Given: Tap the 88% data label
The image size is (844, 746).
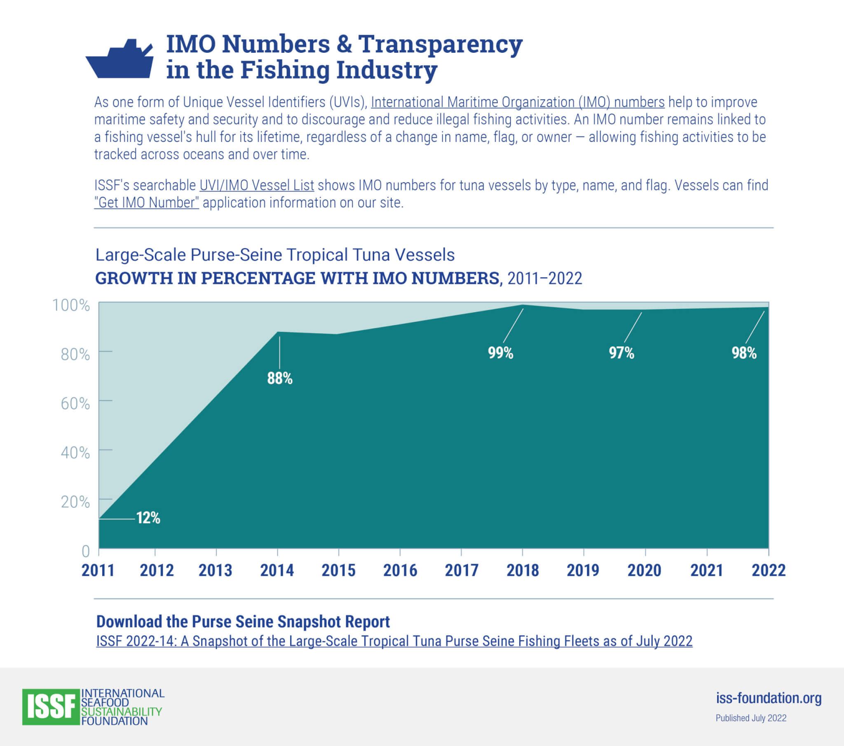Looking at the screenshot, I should coord(279,378).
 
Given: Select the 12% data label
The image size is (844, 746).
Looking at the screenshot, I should coord(148,518).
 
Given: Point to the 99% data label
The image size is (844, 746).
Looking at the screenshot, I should coord(500,353).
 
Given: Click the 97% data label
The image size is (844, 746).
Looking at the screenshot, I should coord(621,353).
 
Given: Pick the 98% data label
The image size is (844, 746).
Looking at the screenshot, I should coord(744,353).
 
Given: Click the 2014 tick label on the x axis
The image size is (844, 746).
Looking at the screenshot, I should coord(277,570).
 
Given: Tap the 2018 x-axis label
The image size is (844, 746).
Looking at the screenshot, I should coord(522,570).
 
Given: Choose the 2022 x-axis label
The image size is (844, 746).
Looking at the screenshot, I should coord(768,570).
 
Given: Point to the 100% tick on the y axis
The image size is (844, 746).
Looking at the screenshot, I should coord(71,305).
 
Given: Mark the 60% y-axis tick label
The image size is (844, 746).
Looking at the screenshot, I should coord(75,403).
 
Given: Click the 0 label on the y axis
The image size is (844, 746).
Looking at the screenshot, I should coord(85,551).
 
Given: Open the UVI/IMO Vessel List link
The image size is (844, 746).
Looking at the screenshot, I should coord(256,185).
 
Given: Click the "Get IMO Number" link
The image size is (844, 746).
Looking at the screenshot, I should coord(147,202).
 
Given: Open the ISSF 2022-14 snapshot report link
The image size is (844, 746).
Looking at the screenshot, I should coord(394,641).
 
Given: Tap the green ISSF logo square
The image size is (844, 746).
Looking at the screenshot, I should coord(51,707).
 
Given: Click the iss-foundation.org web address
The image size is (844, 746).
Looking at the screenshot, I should coord(769,698).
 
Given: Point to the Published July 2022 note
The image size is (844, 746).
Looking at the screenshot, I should coord(751,718).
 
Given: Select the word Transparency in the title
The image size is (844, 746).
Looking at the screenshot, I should coord(440,44).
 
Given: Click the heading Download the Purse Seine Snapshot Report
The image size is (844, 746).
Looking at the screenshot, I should coord(243,621).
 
